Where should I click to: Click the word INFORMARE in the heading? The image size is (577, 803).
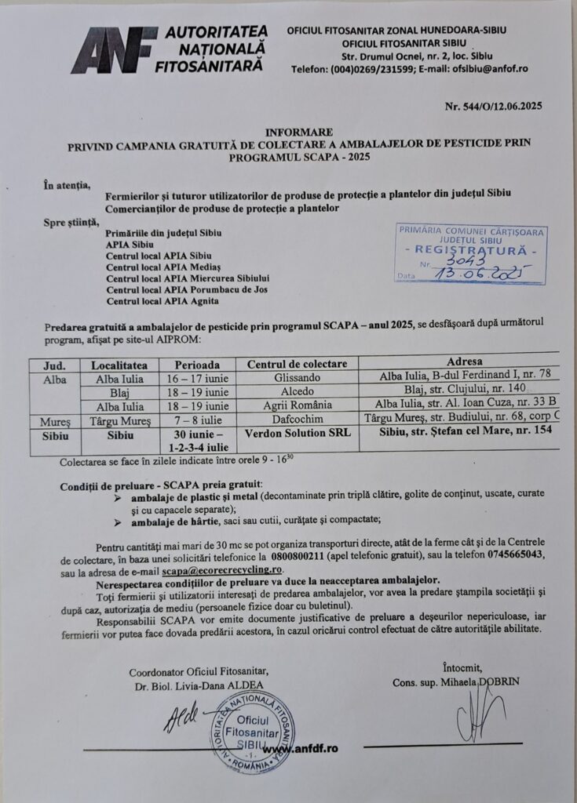[x=298, y=133]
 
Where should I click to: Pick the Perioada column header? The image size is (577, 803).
[x=192, y=365]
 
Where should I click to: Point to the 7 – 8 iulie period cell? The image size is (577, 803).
[x=192, y=420]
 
